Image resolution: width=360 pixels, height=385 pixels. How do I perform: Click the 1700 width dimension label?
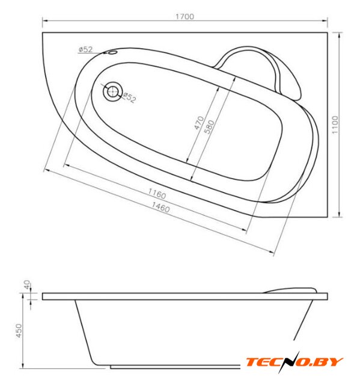coord(185,16)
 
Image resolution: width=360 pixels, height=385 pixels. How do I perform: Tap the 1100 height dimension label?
coord(335,125)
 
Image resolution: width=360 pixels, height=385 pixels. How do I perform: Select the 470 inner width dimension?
coord(199,123)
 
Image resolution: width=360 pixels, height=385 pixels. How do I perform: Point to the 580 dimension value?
coord(209,127)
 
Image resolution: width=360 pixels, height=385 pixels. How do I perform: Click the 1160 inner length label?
coord(157,194)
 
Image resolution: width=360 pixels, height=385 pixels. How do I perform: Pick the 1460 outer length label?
coord(160,207)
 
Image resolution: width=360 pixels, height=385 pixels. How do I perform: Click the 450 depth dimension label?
coord(19,330)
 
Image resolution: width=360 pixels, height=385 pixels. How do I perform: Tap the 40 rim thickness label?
coord(26,285)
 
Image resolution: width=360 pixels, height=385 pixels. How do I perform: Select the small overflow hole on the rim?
coord(112,52)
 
